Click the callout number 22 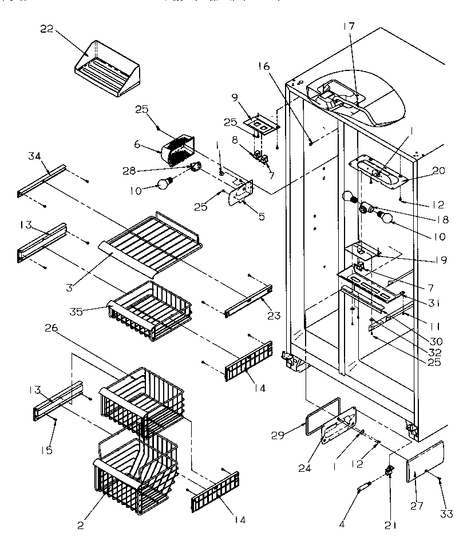46,30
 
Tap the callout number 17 349,26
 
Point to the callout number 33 447,514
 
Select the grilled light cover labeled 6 177,151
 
